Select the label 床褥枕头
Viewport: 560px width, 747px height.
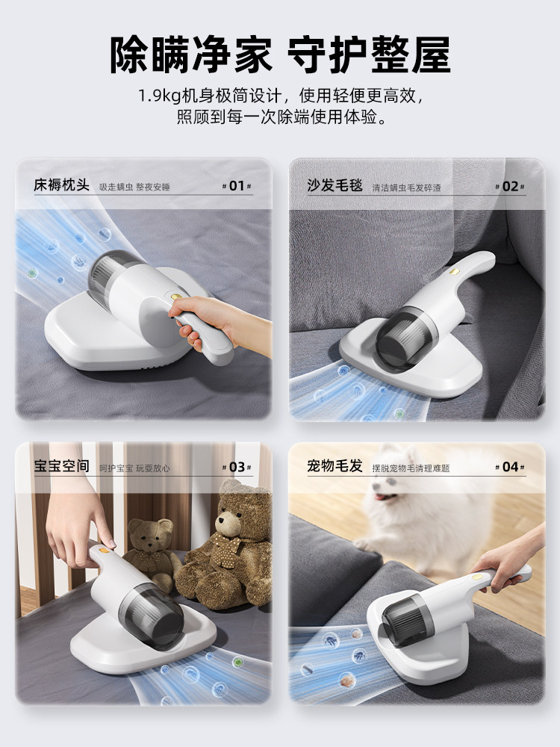pyautogui.click(x=61, y=185)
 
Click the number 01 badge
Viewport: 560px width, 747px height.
pyautogui.click(x=237, y=186)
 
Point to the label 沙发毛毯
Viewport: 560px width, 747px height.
pyautogui.click(x=335, y=185)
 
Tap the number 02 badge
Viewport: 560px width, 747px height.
pyautogui.click(x=510, y=186)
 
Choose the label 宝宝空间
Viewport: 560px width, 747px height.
pyautogui.click(x=61, y=466)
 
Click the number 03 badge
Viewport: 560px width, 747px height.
pyautogui.click(x=237, y=467)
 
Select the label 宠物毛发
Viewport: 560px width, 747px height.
pyautogui.click(x=335, y=465)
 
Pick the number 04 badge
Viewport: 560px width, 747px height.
pyautogui.click(x=510, y=467)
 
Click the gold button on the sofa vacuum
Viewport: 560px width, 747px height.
pyautogui.click(x=454, y=272)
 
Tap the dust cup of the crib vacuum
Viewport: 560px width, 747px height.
pyautogui.click(x=152, y=616)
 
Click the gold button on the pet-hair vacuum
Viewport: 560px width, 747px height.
pyautogui.click(x=477, y=577)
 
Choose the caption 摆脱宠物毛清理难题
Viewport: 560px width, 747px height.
pyautogui.click(x=411, y=468)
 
